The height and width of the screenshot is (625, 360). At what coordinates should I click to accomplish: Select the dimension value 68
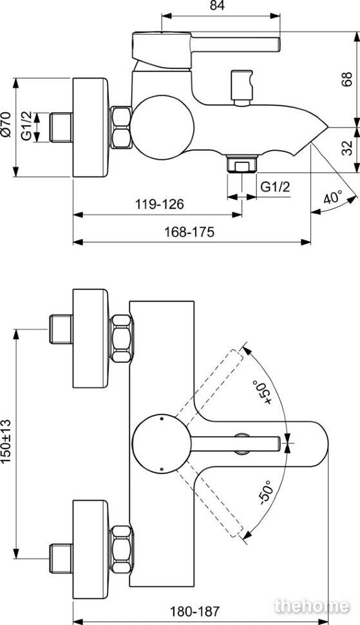tap(346, 79)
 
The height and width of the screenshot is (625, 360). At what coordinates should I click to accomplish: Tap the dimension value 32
tap(347, 148)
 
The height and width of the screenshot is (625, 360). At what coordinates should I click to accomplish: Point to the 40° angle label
tap(333, 197)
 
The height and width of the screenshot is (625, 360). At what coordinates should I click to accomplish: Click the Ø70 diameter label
tap(6, 125)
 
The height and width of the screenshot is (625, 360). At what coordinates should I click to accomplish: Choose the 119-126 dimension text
tap(160, 204)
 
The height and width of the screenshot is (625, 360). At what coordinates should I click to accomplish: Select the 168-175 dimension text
tap(189, 231)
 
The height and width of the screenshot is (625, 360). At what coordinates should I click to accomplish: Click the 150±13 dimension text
tap(6, 441)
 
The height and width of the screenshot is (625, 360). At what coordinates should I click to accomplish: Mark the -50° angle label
tap(265, 492)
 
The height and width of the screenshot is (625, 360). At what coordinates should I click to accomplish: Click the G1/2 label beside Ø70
tap(26, 126)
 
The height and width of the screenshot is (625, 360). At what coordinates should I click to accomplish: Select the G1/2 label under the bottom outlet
tap(275, 187)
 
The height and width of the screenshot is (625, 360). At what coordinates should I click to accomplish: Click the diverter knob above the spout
tap(242, 87)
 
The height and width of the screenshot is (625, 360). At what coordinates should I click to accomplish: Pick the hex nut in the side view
tap(120, 127)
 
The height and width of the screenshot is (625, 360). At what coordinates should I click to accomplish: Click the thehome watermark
tap(312, 606)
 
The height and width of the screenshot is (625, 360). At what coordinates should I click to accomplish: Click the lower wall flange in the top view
tap(90, 549)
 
